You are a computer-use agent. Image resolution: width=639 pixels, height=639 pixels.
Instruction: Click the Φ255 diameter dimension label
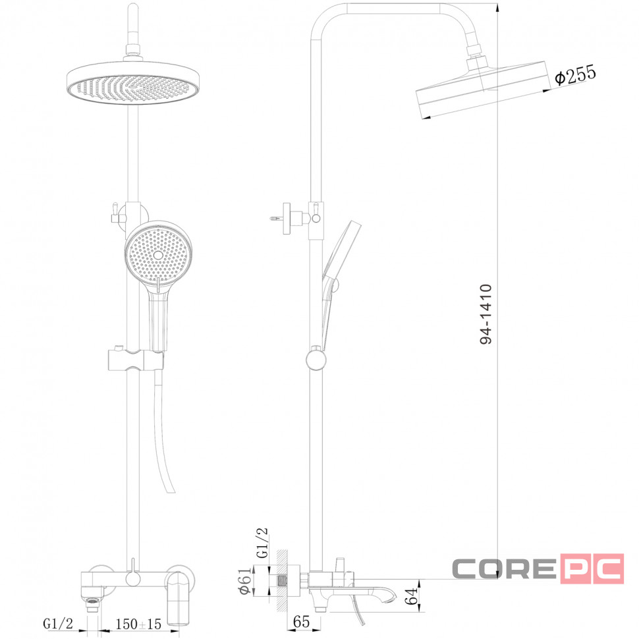coord(575,74)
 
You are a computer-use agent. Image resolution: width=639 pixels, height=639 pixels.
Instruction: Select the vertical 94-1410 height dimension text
coord(486,315)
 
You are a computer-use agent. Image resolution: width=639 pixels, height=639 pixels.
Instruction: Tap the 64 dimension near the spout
coord(412,596)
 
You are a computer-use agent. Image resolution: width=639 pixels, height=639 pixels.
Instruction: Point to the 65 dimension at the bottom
coord(301,622)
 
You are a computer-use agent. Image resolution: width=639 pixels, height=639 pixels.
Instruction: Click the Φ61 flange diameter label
coord(246,581)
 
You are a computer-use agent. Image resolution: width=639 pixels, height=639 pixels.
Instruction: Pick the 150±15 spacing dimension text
coord(138,624)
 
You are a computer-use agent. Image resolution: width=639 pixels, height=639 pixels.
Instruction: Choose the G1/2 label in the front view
coord(58,624)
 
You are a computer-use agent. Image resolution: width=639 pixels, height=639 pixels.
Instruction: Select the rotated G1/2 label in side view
coord(262,543)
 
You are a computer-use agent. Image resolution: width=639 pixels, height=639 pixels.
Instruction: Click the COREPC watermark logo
coord(538,569)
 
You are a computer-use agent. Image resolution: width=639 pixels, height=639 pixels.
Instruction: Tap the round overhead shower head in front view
coord(133,83)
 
